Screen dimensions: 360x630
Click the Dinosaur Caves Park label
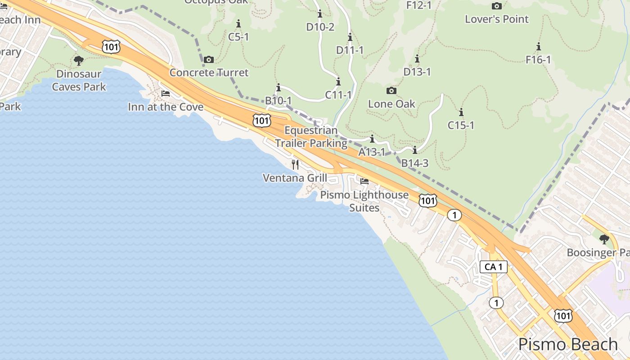pos(79,80)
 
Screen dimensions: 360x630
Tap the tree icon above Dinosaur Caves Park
pos(79,60)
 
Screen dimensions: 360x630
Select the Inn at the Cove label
pos(166,107)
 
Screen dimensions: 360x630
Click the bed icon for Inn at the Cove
pos(166,94)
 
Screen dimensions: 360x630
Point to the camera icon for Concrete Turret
pos(209,59)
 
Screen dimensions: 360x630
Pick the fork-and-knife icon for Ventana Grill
pos(295,164)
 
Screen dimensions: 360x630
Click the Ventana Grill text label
pos(295,178)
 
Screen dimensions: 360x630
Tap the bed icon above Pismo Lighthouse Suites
pos(364,181)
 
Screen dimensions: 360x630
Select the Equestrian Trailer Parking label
pos(311,137)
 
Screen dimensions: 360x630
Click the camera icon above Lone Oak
pos(391,90)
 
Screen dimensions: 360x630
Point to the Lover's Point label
pos(497,19)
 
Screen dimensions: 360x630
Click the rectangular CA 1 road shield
pos(494,267)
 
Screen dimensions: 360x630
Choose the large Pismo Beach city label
pos(568,344)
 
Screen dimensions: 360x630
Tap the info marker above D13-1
pos(417,58)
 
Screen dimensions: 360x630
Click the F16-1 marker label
pos(538,59)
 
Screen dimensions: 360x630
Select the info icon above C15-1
pos(461,112)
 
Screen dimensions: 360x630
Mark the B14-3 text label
pos(414,163)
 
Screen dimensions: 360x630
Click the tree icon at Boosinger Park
pos(604,239)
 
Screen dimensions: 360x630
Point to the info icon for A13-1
pos(372,139)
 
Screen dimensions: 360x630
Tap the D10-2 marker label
pos(320,27)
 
